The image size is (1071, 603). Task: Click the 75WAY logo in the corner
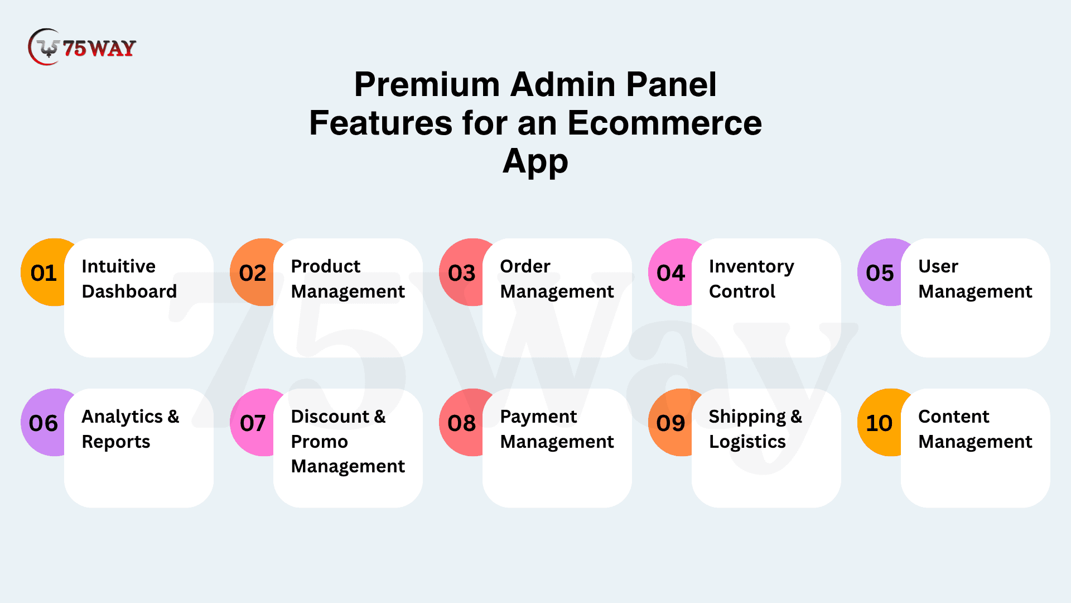coord(82,47)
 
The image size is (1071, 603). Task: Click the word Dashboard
coord(129,291)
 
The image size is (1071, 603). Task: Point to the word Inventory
coord(751,267)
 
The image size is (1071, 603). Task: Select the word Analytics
coord(122,417)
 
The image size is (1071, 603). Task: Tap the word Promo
coord(320,442)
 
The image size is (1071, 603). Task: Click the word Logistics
coord(747,442)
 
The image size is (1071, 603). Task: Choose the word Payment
coord(539,417)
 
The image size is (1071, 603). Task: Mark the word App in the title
coord(535,162)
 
